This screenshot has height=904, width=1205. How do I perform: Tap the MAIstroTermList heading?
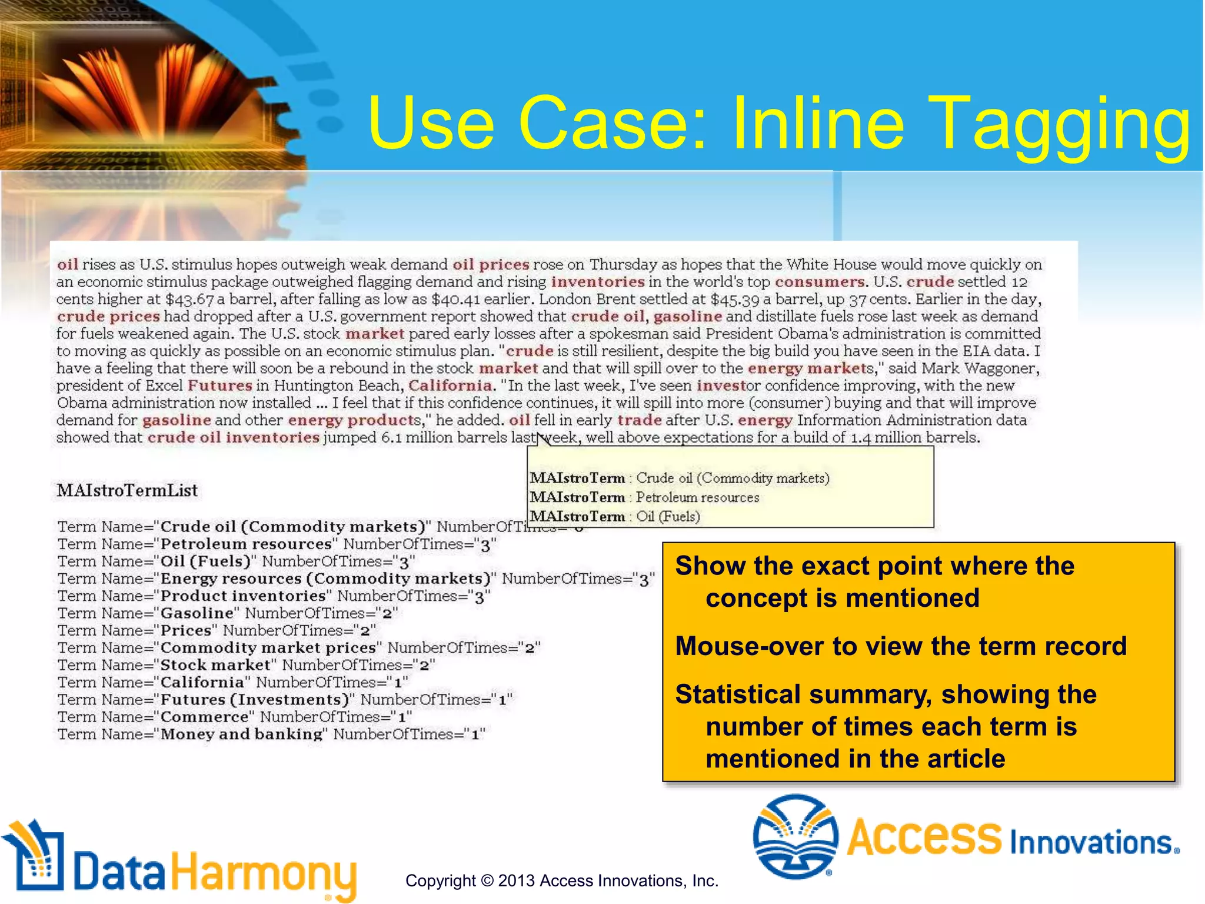click(x=127, y=490)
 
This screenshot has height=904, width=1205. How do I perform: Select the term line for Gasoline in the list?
click(x=228, y=613)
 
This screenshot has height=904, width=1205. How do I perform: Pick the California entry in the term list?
click(x=233, y=683)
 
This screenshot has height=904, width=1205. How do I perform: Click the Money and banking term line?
click(x=271, y=734)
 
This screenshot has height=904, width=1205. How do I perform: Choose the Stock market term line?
click(x=247, y=665)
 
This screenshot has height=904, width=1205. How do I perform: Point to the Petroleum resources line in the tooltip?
click(x=644, y=497)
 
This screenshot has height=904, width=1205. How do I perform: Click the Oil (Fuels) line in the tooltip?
click(x=615, y=517)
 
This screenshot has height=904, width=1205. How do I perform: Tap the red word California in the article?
click(x=451, y=386)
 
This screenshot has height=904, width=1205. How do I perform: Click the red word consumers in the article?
click(x=820, y=282)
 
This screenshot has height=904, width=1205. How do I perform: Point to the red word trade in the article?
click(x=640, y=420)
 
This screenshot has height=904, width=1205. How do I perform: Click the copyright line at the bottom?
click(x=562, y=881)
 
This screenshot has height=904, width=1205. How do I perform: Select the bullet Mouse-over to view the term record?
click(x=901, y=646)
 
